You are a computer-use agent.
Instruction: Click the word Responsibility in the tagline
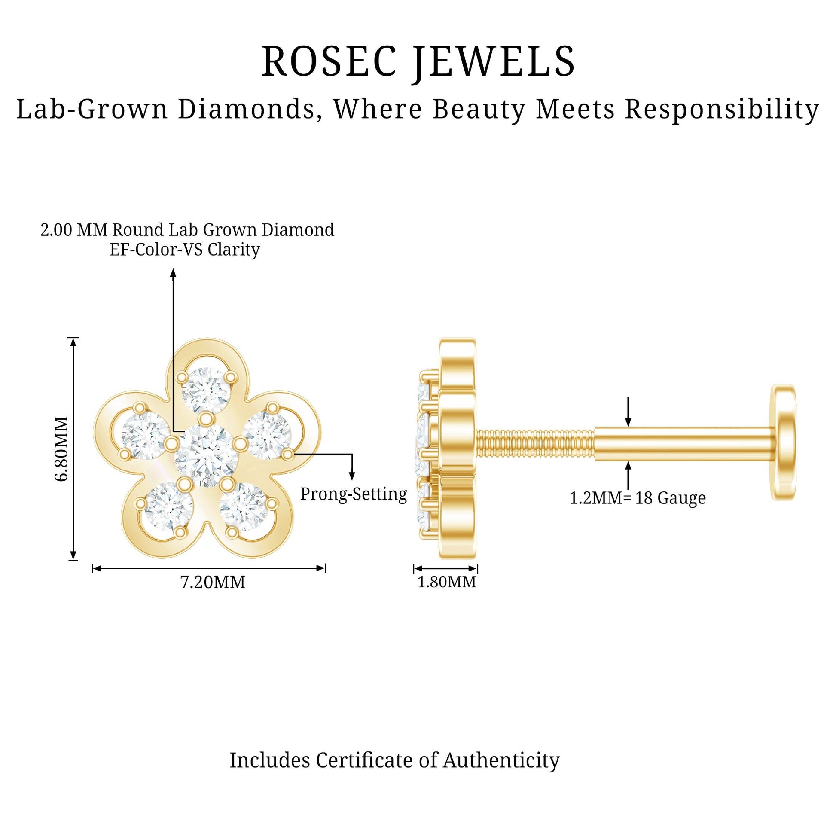pos(722,110)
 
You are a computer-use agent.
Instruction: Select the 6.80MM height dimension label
pos(62,449)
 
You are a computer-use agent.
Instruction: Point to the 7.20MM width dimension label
pos(213,582)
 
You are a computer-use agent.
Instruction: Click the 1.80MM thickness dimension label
pos(446,582)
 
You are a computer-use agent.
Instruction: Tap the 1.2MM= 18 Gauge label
pos(638,498)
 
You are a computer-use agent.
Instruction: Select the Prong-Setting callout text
pos(354,494)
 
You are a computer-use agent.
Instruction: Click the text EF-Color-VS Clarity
pos(185,250)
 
